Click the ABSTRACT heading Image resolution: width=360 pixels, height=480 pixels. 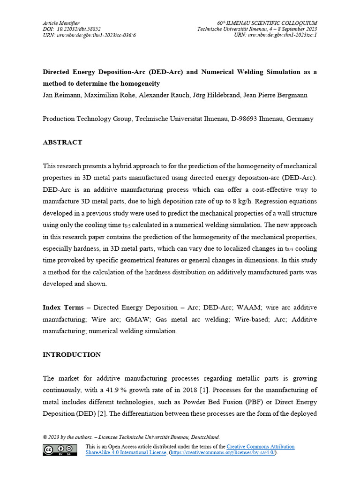(x=62, y=142)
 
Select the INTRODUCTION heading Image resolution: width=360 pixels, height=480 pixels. (x=72, y=354)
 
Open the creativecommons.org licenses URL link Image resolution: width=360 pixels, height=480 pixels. (x=223, y=453)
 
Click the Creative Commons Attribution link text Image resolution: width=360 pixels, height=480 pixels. (x=261, y=447)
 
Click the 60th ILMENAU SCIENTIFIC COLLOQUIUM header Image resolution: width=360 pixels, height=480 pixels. (x=267, y=23)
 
